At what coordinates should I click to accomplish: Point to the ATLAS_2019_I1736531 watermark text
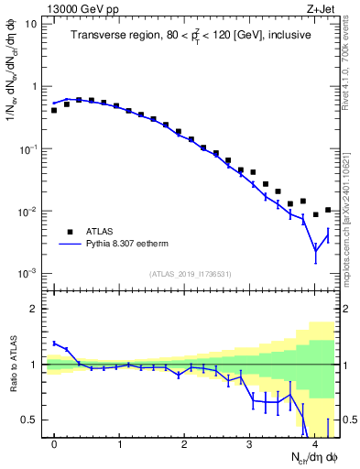point(190,273)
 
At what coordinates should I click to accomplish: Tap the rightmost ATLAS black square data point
point(328,210)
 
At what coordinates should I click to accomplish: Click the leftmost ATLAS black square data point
point(54,110)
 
